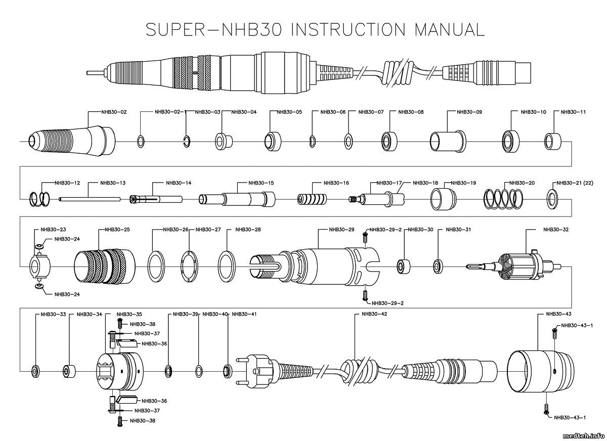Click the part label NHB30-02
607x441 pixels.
[x=114, y=112]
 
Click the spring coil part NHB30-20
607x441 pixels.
[x=503, y=198]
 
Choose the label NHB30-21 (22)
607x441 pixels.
[x=574, y=183]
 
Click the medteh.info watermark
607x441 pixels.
[x=582, y=435]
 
